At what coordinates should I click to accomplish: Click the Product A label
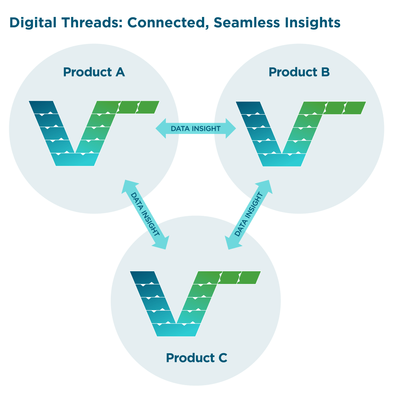94,72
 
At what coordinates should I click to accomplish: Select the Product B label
299,72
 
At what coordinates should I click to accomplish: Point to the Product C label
196,358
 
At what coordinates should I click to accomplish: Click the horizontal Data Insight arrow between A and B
196,128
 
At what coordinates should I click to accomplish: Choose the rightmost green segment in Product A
148,107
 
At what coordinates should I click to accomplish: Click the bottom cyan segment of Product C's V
177,330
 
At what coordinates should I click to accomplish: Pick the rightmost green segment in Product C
250,278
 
